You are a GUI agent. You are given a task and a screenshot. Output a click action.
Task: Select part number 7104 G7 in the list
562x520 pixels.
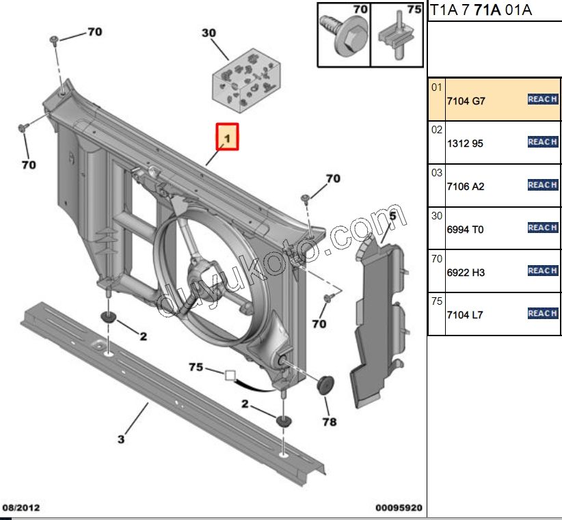pyautogui.click(x=466, y=101)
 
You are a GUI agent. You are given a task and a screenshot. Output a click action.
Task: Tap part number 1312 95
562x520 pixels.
pyautogui.click(x=465, y=144)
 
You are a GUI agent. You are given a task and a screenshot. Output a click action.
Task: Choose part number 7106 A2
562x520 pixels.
pyautogui.click(x=465, y=187)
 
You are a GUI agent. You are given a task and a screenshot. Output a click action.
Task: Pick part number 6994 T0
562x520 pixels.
pyautogui.click(x=465, y=230)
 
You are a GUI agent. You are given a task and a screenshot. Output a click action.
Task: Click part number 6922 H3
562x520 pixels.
pyautogui.click(x=466, y=272)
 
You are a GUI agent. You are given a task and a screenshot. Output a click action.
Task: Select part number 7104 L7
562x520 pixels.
pyautogui.click(x=465, y=315)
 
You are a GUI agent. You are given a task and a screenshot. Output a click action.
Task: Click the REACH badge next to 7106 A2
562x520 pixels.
pyautogui.click(x=543, y=185)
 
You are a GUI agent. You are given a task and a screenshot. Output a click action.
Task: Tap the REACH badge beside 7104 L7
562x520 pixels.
pyautogui.click(x=543, y=314)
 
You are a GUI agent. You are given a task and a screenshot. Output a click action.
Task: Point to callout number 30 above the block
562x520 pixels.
pyautogui.click(x=209, y=33)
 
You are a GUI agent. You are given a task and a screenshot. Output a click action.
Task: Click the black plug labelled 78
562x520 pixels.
pyautogui.click(x=326, y=384)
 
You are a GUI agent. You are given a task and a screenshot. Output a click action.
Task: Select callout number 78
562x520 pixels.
pyautogui.click(x=330, y=422)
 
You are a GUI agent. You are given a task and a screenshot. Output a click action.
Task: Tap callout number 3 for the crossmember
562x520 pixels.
pyautogui.click(x=121, y=439)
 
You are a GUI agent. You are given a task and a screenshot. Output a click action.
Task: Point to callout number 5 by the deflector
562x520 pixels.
pyautogui.click(x=392, y=217)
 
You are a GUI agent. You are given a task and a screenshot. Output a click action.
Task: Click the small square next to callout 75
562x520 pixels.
pyautogui.click(x=230, y=374)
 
